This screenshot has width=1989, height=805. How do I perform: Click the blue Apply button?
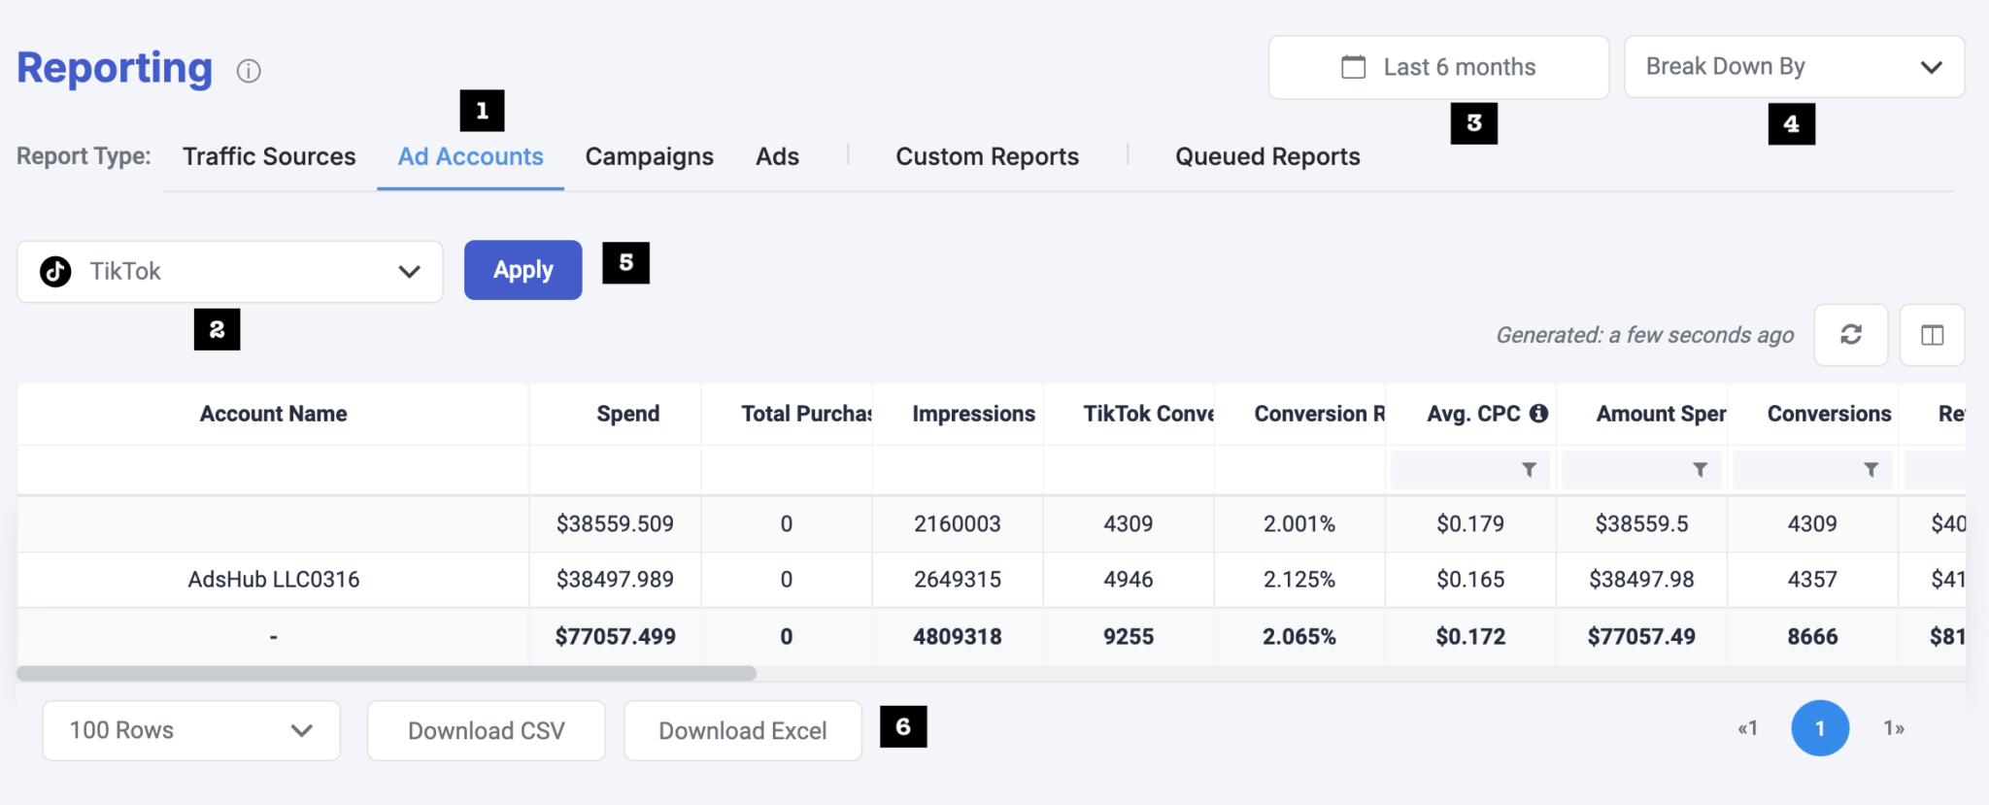coord(523,270)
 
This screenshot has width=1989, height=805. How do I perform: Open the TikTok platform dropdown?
coord(229,272)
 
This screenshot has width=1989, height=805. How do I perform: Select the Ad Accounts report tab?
coord(470,156)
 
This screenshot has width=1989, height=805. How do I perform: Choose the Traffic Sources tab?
coord(269,156)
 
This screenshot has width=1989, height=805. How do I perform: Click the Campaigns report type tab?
coord(649,156)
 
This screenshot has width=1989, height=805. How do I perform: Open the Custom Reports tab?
coord(987,156)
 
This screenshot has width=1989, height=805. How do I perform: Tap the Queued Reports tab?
coord(1267,156)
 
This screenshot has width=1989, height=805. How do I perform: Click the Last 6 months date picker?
coord(1438,67)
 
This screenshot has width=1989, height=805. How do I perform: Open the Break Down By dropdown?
coord(1794,67)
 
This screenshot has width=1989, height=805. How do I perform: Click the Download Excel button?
coord(742,730)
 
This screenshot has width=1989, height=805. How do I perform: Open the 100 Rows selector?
coord(191,730)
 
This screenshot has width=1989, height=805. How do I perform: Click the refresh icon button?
coord(1851,335)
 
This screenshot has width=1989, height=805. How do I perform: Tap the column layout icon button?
coord(1932,335)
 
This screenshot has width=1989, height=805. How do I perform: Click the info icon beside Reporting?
coord(249,71)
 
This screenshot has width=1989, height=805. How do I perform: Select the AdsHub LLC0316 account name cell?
coord(274,580)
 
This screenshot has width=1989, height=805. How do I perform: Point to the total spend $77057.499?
coord(615,637)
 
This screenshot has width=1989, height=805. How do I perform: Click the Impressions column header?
coord(973,414)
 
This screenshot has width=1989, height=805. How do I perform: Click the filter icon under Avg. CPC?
coord(1529,470)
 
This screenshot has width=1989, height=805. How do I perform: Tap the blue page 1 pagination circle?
coord(1819,728)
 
